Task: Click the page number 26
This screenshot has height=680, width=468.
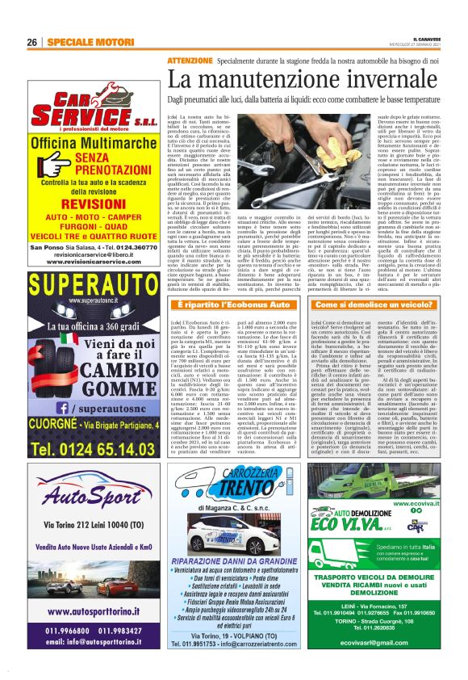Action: pos(33,41)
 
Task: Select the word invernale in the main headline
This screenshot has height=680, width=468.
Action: pos(374,80)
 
